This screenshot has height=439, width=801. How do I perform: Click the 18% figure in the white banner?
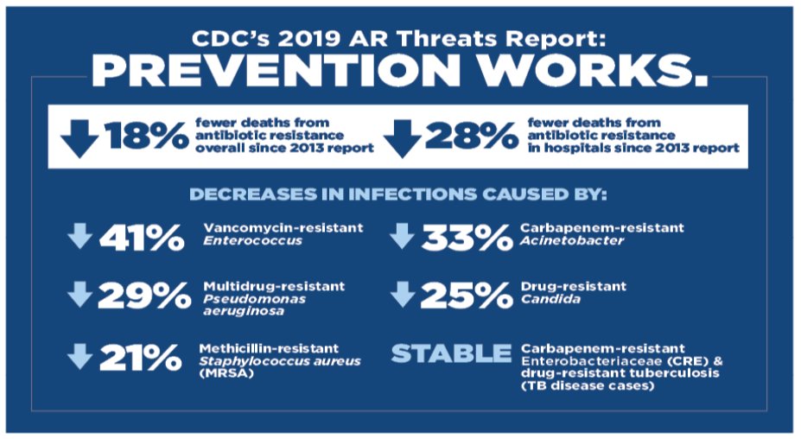(x=147, y=136)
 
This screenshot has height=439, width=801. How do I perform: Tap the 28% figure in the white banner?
(x=472, y=137)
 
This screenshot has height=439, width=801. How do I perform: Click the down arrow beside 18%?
(x=79, y=138)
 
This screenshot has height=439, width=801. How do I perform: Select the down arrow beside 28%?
(x=402, y=138)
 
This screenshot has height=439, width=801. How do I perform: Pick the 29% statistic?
(x=144, y=296)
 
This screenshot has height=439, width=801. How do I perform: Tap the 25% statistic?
(x=466, y=296)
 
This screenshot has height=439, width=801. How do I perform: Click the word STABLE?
(x=451, y=353)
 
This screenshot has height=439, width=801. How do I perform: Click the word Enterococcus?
(x=253, y=241)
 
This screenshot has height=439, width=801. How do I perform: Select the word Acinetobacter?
(x=572, y=241)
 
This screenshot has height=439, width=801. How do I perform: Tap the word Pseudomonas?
(x=254, y=299)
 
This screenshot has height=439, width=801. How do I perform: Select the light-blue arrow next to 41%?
(x=79, y=236)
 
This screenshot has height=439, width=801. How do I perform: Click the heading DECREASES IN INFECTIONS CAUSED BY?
(x=398, y=194)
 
